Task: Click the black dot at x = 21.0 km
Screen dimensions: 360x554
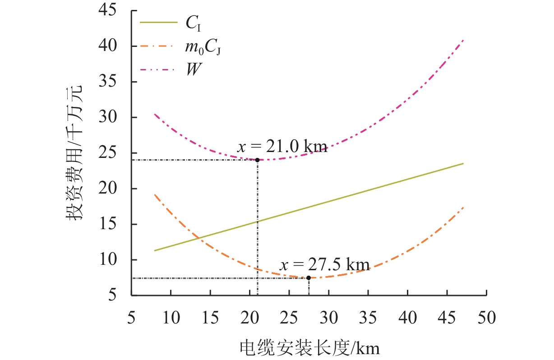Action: (x=257, y=160)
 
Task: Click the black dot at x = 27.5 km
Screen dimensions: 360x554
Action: (x=309, y=278)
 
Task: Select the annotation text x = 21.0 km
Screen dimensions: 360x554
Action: (x=282, y=147)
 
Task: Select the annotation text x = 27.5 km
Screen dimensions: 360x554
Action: (x=324, y=264)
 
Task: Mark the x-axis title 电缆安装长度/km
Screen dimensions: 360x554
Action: (x=309, y=347)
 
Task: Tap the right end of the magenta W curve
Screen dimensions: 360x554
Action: (x=463, y=40)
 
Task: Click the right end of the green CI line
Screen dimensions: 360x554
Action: (x=463, y=163)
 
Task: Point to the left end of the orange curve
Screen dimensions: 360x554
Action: (x=155, y=194)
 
